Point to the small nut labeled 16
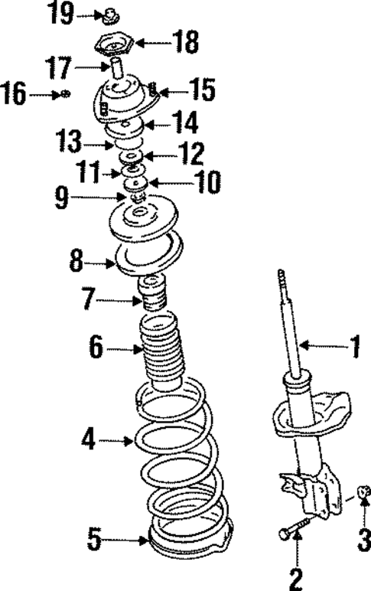[x=67, y=94]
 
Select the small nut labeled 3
[x=364, y=490]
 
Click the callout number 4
[x=89, y=440]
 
